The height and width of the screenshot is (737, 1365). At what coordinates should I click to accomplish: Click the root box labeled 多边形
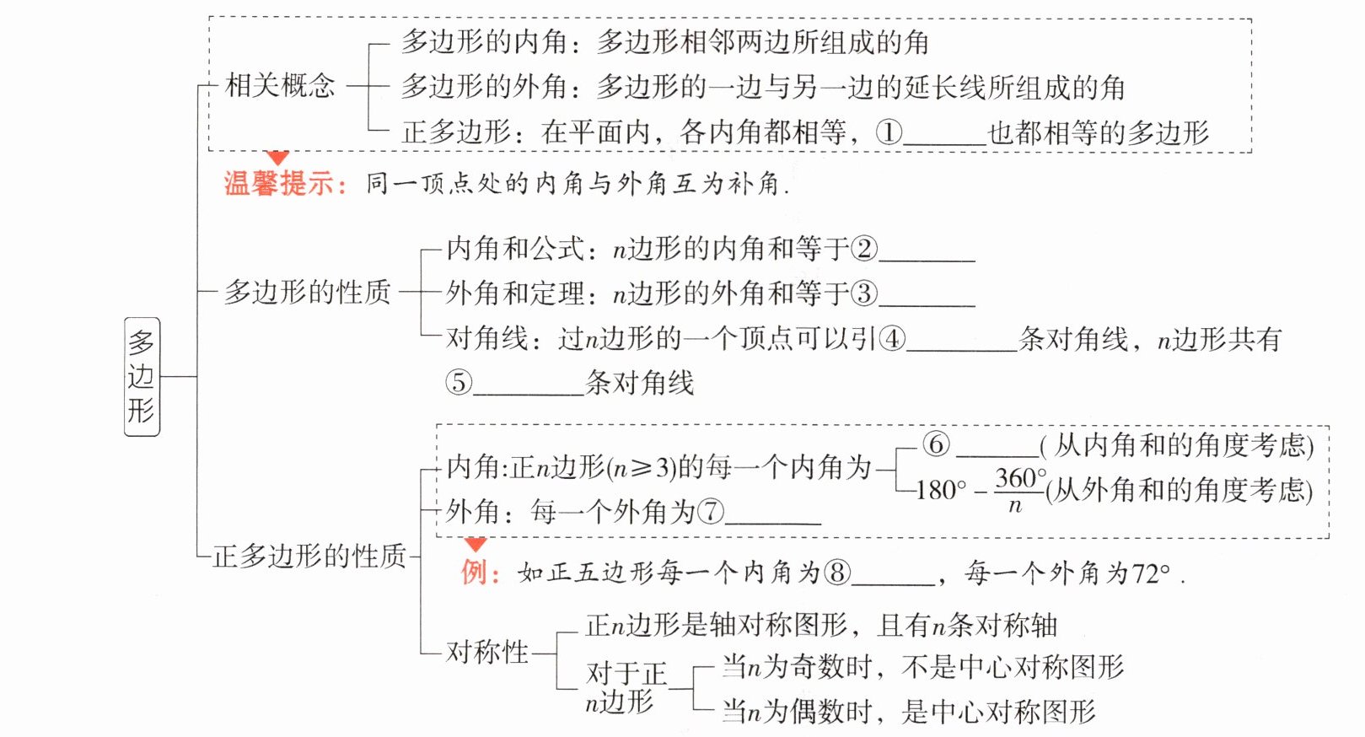click(x=142, y=376)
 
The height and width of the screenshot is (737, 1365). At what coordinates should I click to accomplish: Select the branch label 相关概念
click(x=280, y=85)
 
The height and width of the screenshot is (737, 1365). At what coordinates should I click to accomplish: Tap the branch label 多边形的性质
click(x=307, y=293)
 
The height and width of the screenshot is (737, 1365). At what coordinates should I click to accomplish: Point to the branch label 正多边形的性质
click(x=309, y=556)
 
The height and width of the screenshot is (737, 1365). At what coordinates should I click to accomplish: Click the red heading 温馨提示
click(x=285, y=184)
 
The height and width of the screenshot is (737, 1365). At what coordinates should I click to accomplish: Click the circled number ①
click(x=889, y=132)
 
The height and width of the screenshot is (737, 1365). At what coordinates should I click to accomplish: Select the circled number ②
click(x=864, y=248)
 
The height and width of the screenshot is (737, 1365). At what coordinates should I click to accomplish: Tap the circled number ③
click(x=864, y=293)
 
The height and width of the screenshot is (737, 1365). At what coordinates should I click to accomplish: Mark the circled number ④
click(x=892, y=338)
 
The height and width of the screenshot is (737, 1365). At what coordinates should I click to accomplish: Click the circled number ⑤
click(x=459, y=382)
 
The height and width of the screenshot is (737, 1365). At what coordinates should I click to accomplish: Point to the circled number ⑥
click(x=936, y=444)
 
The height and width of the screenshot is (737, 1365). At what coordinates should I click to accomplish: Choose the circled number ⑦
click(x=711, y=511)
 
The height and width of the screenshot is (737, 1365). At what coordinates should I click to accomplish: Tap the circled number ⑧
click(x=837, y=573)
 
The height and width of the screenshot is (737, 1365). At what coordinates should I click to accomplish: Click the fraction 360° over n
click(x=1019, y=490)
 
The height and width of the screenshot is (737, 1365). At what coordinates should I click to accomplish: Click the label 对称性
click(x=487, y=652)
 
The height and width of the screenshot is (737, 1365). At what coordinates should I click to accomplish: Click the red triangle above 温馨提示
click(x=277, y=158)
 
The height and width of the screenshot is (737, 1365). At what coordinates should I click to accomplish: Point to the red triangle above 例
click(x=476, y=545)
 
